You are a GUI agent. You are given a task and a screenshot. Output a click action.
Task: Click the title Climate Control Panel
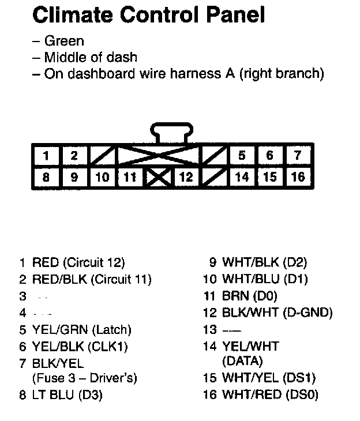149,15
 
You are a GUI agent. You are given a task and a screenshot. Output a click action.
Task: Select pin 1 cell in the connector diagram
46,155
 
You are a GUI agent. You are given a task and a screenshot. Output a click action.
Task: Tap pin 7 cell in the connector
297,155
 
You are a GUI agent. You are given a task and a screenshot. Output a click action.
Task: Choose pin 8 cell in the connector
46,176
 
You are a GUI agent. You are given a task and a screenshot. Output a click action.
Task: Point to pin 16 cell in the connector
297,176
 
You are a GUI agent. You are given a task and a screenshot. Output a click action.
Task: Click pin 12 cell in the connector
186,176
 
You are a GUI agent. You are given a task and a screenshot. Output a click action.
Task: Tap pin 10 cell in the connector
103,176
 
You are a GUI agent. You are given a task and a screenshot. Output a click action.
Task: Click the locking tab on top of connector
172,133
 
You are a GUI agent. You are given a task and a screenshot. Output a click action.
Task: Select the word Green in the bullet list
64,41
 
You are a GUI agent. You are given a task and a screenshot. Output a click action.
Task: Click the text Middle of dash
91,57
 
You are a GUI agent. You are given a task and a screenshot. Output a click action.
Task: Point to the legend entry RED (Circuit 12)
78,264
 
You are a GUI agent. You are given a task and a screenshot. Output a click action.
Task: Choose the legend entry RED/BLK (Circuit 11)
92,280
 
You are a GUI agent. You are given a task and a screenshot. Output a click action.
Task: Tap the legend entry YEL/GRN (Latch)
82,330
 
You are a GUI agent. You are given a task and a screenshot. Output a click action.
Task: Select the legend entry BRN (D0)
250,296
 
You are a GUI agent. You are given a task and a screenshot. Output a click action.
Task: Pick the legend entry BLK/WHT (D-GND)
277,313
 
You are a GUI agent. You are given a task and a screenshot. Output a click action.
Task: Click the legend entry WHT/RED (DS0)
269,395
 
